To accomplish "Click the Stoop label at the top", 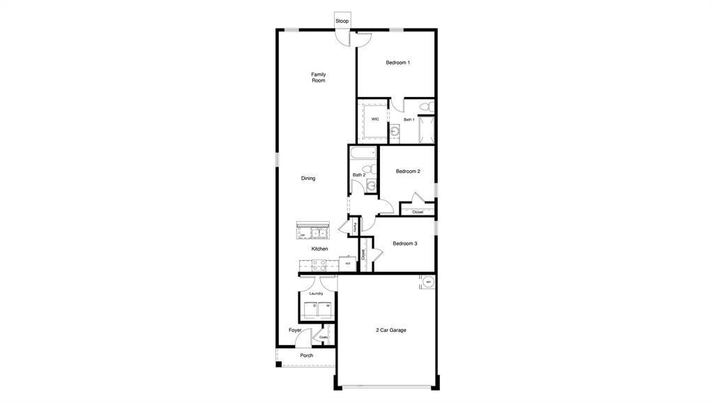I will coord(342,21).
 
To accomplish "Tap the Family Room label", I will coord(318,77).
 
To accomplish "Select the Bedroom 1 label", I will coord(397,63).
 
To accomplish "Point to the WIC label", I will coord(375,119).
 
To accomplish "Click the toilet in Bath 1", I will coord(424,107).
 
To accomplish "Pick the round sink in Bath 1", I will coord(394,130).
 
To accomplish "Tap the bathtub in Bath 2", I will coord(363,153).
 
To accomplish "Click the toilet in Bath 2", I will coord(371,185).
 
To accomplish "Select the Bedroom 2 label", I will coord(408,172).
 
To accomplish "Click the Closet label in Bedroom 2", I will coord(418,212).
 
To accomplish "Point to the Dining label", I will coord(308,179).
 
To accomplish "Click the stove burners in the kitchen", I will coord(319,264).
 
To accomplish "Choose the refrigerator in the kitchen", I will coord(347,264).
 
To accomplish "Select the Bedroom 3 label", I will coord(404,243).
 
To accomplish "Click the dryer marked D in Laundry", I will coord(314,308).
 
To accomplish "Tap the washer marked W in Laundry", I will coord(327,308).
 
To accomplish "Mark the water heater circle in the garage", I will coord(429,282).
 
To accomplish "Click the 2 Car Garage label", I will coord(390,330).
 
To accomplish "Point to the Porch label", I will coord(306,356).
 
